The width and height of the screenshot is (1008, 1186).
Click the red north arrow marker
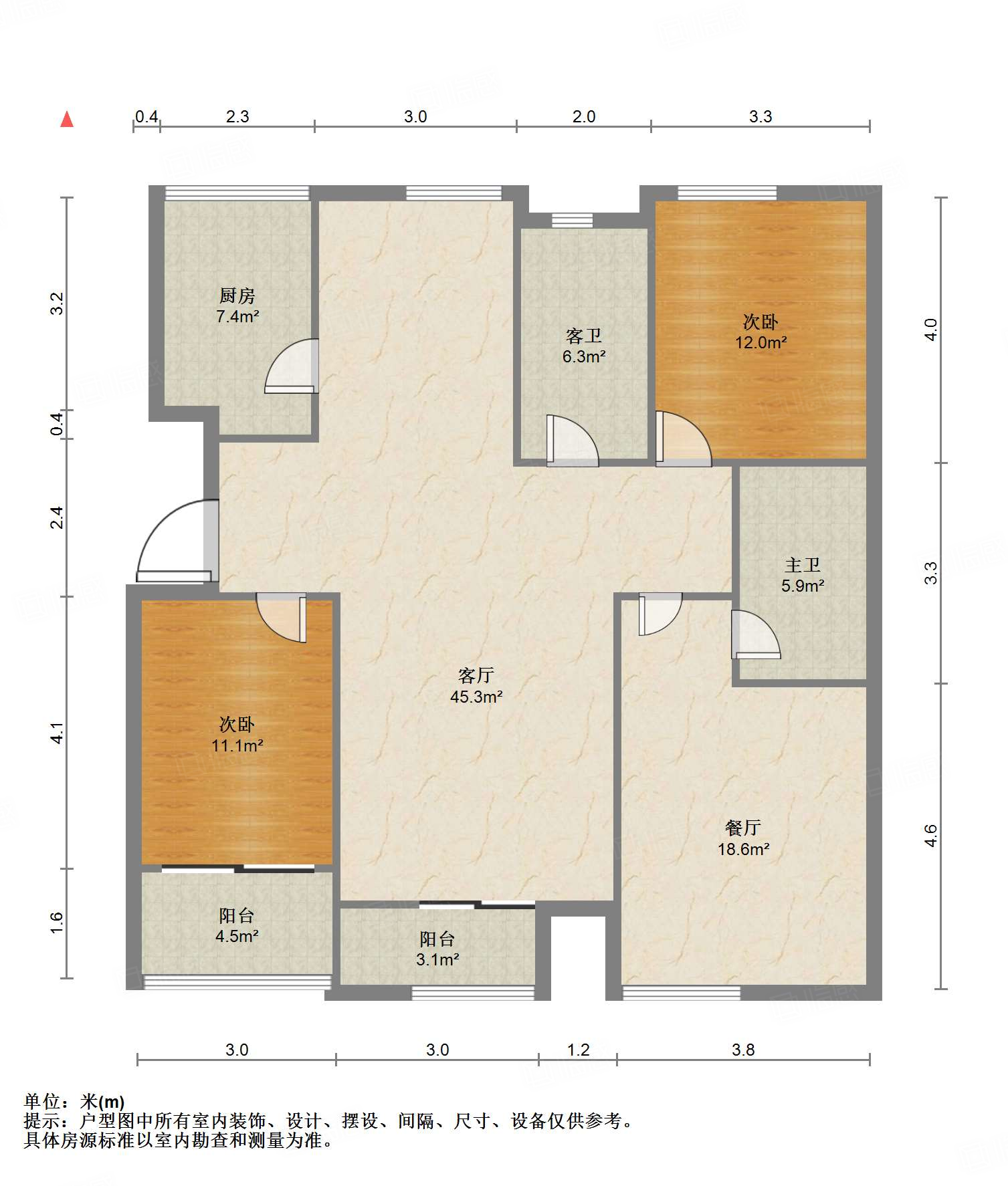point(67,119)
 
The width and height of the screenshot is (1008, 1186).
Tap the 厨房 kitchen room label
point(237,295)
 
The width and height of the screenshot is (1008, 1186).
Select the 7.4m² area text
point(237,316)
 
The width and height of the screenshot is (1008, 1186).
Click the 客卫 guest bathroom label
point(583,336)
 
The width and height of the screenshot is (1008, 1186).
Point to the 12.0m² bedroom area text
point(761,342)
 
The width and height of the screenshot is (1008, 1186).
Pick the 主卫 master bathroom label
point(802,565)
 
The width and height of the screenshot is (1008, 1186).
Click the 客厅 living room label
point(476,675)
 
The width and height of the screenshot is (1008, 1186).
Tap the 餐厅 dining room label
point(742,828)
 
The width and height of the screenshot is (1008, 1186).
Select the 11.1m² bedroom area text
point(237,745)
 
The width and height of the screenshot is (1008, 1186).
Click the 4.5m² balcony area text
point(237,936)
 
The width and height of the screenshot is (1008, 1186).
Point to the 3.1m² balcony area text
point(437,959)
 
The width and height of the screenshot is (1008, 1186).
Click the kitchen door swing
point(292,366)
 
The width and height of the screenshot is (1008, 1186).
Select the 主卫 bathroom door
point(755,634)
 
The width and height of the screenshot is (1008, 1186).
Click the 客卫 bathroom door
point(572,441)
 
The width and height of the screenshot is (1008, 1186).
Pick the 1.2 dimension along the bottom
point(578,1050)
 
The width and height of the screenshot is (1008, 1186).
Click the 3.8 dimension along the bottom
point(742,1050)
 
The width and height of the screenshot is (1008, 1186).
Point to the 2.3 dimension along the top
point(237,116)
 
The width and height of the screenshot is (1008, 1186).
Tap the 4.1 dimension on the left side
point(58,733)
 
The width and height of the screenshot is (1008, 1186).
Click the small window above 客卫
point(572,220)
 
